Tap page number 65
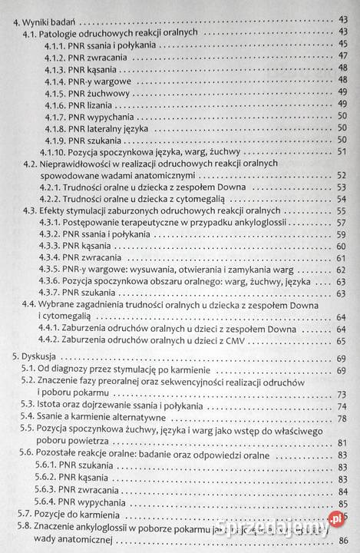342,341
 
